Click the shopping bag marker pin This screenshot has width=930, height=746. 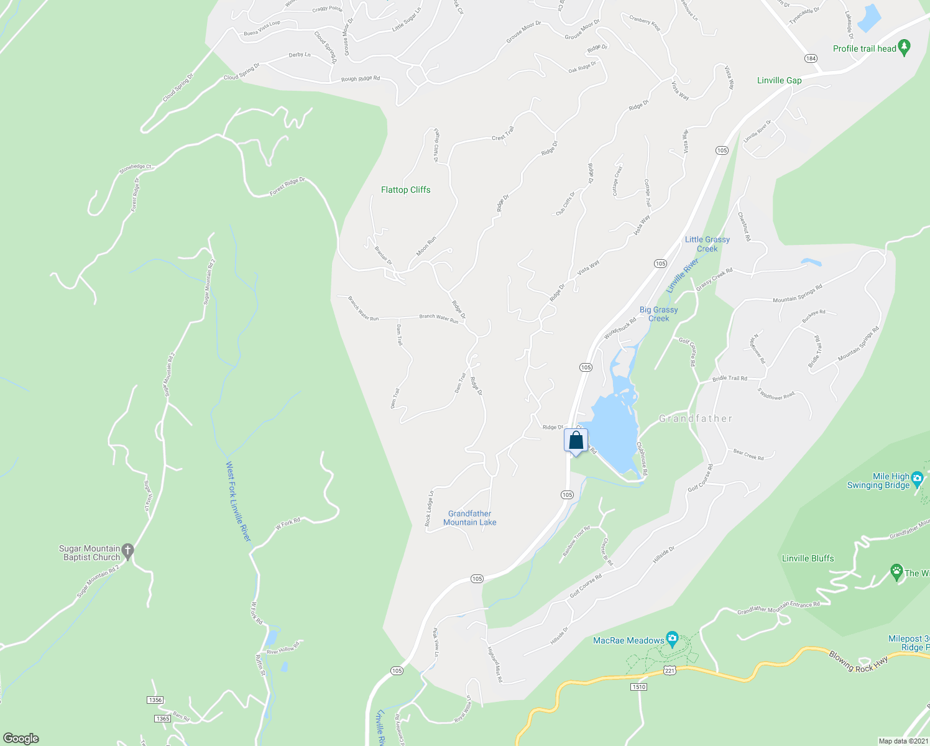coord(576,441)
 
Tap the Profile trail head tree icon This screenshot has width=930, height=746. coord(905,47)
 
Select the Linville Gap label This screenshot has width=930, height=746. coord(779,80)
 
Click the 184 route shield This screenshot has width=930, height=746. coord(811,58)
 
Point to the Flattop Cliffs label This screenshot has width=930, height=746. coord(405,190)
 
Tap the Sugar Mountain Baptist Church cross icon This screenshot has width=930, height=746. coord(127,550)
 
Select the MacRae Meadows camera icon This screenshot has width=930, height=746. coord(672,638)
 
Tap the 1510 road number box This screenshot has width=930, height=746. coord(638,687)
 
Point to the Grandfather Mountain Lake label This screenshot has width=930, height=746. coord(469,518)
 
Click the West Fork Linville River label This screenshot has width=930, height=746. coord(237,501)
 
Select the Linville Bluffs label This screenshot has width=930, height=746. coord(808,558)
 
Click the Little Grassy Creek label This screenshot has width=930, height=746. coord(707,244)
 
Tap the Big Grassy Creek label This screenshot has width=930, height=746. coord(658,314)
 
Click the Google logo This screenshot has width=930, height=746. coord(21,739)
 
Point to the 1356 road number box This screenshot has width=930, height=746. coord(155,700)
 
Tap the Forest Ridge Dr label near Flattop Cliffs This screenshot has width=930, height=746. coord(287,186)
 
